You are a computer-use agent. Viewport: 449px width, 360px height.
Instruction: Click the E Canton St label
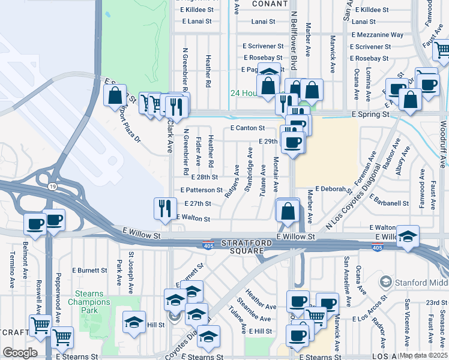coord(247,128)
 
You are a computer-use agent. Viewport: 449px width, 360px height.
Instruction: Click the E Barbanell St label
coord(389,203)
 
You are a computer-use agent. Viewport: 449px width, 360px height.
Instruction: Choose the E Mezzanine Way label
coord(378,35)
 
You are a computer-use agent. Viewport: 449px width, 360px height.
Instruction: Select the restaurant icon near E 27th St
coord(165,208)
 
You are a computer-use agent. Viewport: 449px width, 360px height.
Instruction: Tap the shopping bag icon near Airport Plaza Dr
coord(114,95)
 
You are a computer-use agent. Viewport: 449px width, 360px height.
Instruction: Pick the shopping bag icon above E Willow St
coord(288,211)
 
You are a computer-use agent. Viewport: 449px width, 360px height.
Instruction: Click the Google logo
coord(20,352)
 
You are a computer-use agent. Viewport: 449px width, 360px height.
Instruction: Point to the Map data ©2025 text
coord(423,355)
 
